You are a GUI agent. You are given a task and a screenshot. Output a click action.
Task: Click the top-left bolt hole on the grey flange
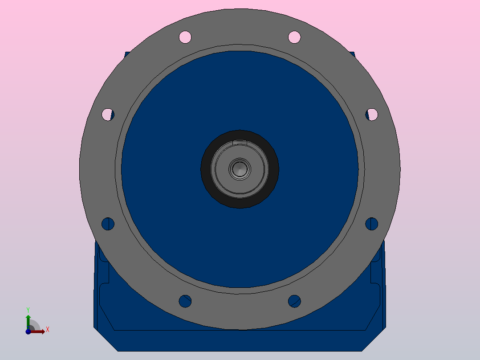pos(185,37)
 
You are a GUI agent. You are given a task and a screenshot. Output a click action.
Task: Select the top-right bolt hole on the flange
pos(294,37)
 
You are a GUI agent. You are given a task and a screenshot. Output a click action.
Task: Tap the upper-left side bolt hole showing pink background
pos(107,115)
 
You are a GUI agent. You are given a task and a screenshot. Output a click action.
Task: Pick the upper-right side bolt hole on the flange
pos(372,115)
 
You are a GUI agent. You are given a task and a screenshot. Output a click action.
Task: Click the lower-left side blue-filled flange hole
pos(108,224)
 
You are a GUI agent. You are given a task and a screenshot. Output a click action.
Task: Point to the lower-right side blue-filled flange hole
pos(372,224)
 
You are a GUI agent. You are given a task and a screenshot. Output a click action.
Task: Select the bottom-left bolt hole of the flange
pos(185,301)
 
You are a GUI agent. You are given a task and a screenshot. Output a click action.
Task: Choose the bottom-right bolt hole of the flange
pos(294,301)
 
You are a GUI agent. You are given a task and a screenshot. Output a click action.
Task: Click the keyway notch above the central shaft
pos(240,143)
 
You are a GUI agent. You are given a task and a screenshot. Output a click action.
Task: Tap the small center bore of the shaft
pos(240,169)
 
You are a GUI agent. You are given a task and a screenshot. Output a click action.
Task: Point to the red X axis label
pos(48,330)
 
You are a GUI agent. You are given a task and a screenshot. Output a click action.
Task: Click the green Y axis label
pos(28,309)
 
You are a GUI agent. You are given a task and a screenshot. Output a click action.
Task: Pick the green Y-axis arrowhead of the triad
pos(28,316)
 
